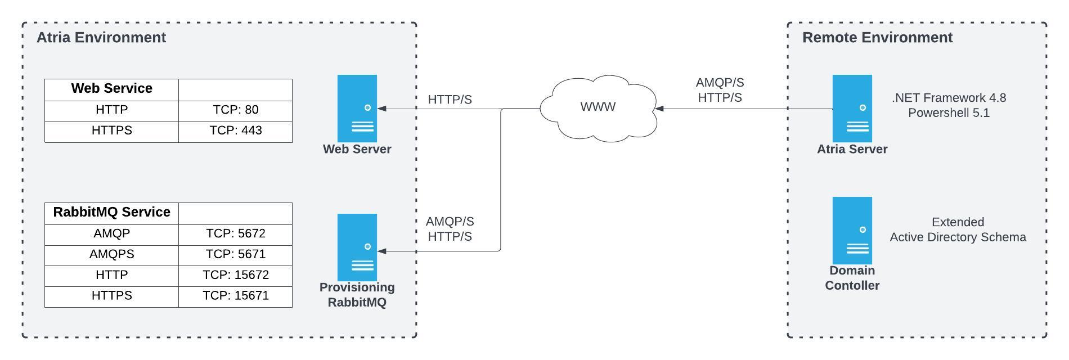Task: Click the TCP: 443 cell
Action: coord(235,130)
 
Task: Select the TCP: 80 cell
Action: coord(235,110)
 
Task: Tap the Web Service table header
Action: coord(111,89)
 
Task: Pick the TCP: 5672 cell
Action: coord(235,233)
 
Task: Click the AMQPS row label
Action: coord(111,254)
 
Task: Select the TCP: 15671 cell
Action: coord(235,296)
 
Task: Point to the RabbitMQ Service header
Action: coord(111,213)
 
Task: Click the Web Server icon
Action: coord(357,108)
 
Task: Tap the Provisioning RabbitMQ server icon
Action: coord(357,247)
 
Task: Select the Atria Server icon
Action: coord(852,108)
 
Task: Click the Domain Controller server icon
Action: coord(852,230)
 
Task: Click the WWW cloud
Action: coord(598,107)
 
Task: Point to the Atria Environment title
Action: coord(101,38)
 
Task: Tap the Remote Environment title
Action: coord(877,38)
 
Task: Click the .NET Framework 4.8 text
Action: coord(949,98)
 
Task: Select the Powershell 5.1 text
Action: coord(949,113)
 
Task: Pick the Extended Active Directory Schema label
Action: coord(958,230)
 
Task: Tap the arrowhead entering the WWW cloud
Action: coord(659,109)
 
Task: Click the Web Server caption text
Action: coord(357,149)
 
